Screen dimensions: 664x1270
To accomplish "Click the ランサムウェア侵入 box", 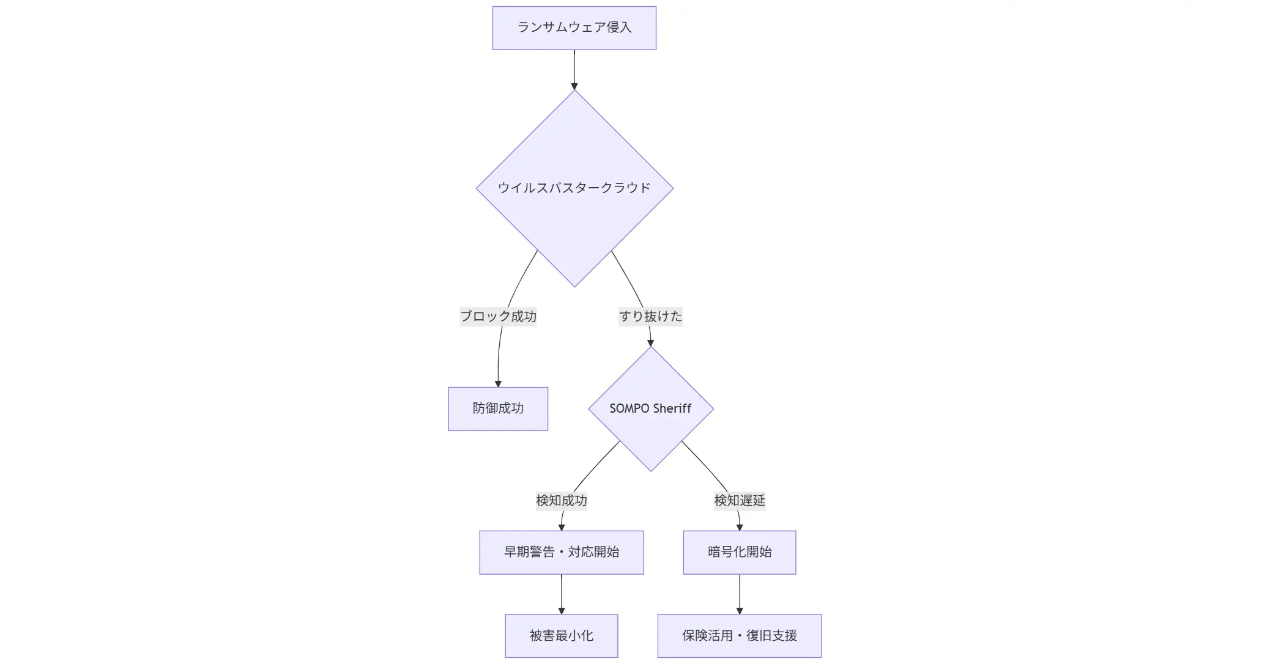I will tap(574, 28).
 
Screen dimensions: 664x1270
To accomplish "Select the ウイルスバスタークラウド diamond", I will tap(574, 188).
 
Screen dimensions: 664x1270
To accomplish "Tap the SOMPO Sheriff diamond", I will tap(650, 408).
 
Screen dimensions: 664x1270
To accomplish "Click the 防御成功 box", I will tap(498, 408).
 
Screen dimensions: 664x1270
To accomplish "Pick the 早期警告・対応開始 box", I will tap(561, 552).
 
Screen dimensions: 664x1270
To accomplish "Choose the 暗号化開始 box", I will tap(739, 552).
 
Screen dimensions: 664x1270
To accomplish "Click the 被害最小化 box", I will tap(561, 636).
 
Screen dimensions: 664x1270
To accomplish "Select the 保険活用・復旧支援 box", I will tap(739, 636).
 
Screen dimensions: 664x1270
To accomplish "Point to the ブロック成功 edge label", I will tap(498, 316).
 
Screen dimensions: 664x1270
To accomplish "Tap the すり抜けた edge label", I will tap(650, 316).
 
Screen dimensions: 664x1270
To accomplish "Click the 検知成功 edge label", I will tap(561, 500).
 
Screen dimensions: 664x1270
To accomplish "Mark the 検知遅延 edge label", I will tap(739, 500).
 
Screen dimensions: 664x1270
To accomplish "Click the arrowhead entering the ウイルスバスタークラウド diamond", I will tap(574, 86).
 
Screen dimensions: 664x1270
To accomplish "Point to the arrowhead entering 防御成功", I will tap(498, 383).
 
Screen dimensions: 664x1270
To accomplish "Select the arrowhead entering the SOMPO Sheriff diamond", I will tap(650, 343).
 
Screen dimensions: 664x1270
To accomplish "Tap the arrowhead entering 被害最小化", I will tap(561, 610).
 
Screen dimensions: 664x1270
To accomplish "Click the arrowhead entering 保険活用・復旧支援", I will tap(739, 610).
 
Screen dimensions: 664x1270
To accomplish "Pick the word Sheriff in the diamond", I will tap(672, 408).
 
